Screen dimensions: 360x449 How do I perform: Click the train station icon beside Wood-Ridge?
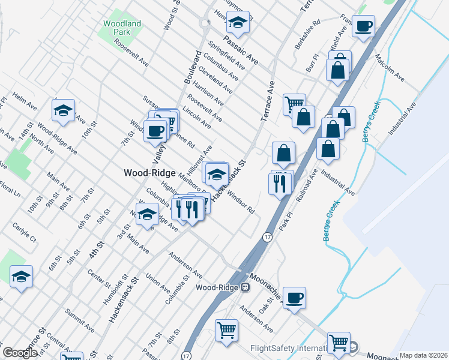(x=246, y=287)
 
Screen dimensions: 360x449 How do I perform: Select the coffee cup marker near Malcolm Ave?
(x=363, y=26)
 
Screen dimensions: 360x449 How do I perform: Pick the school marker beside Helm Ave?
(x=63, y=110)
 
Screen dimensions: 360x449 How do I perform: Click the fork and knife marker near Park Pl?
(x=279, y=184)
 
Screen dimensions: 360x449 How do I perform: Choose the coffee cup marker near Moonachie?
(x=294, y=298)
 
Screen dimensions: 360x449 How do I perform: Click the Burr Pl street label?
(x=312, y=65)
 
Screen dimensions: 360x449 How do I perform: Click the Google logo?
(x=19, y=353)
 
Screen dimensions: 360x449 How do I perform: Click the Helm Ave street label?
(x=25, y=101)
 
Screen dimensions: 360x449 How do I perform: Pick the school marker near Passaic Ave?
(x=238, y=23)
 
